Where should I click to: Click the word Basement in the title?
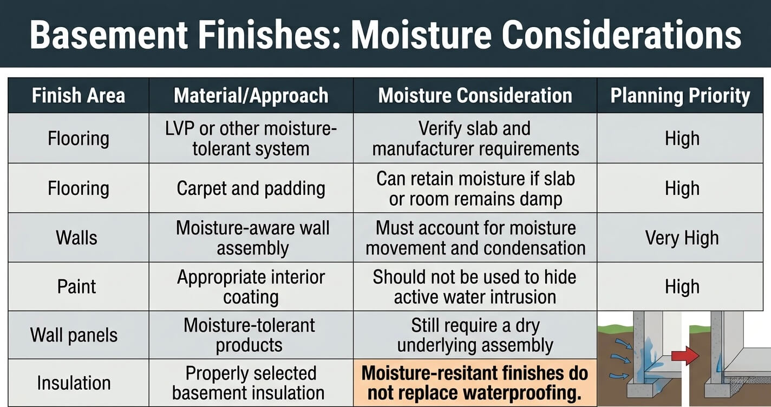click(109, 35)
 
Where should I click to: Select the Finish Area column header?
click(79, 95)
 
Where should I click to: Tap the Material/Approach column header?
click(251, 95)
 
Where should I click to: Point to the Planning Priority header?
click(680, 96)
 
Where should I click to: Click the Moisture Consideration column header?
click(475, 95)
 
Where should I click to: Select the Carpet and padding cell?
click(251, 188)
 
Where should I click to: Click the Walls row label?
click(76, 238)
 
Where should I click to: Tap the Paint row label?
click(76, 287)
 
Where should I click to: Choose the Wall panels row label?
click(74, 335)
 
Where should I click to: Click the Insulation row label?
click(74, 383)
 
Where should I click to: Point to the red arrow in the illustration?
click(685, 356)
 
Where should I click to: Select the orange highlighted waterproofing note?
click(475, 383)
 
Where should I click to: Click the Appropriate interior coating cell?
click(251, 287)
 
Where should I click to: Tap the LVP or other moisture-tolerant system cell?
click(251, 139)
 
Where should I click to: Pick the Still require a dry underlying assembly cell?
click(475, 335)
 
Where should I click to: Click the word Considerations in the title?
click(621, 35)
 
